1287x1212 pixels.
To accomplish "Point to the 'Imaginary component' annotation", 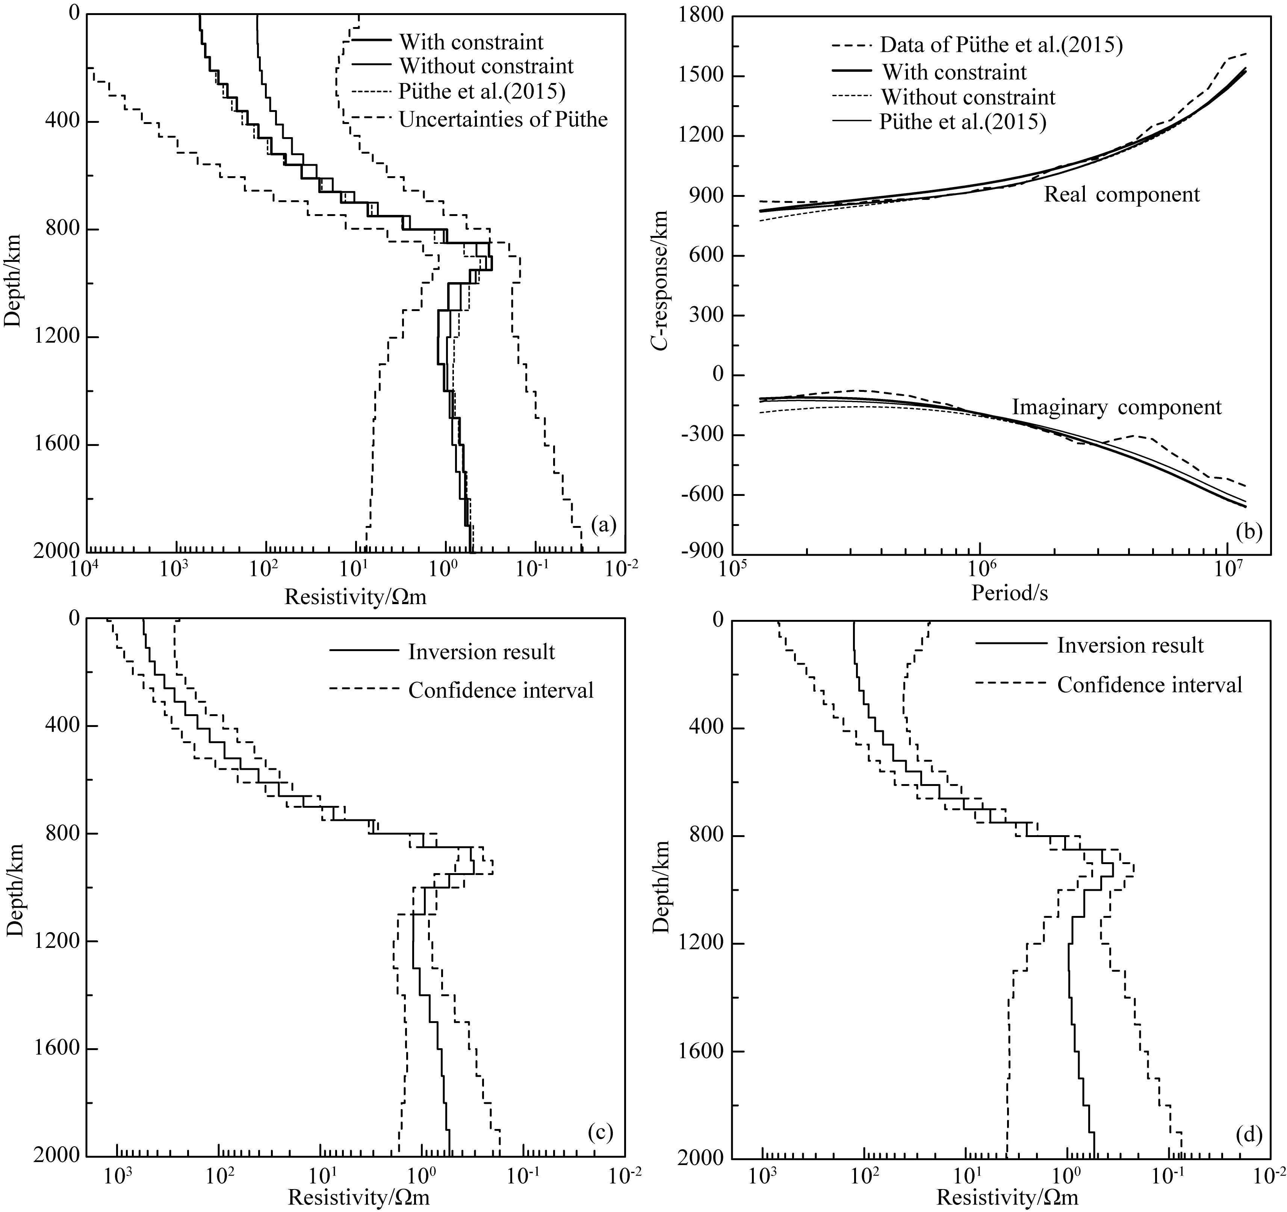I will click(1117, 407).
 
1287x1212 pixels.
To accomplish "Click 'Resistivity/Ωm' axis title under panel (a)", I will click(355, 596).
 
